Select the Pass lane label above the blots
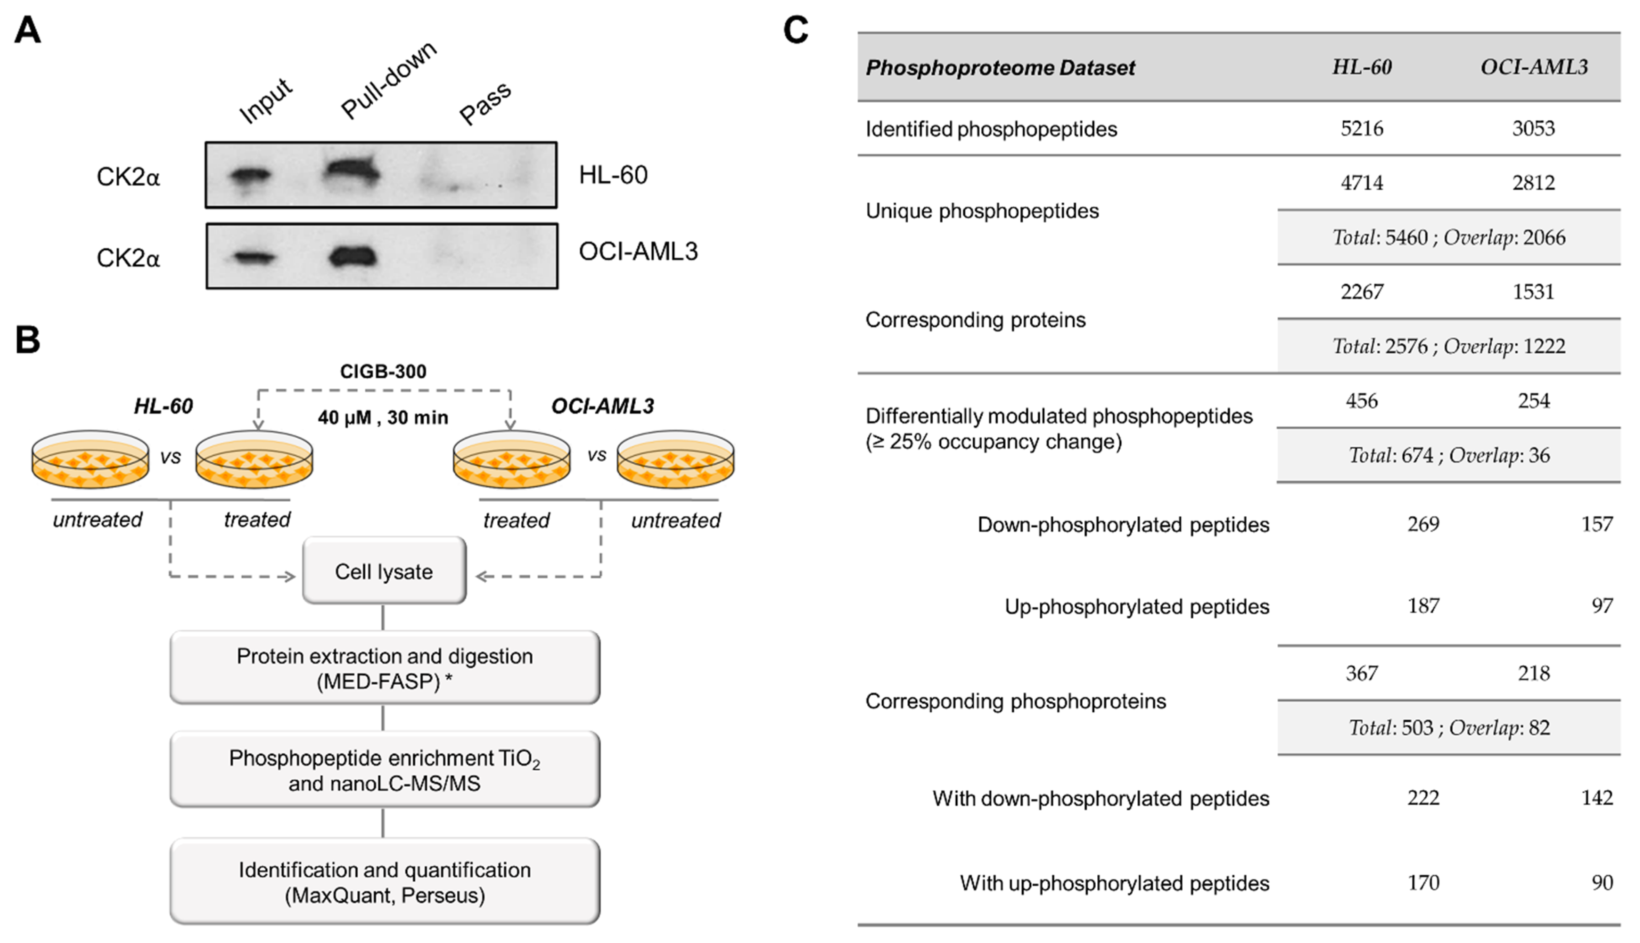485,104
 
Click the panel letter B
27,339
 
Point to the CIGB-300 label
383,371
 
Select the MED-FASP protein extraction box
384,668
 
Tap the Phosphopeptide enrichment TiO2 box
384,770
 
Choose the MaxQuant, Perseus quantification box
384,882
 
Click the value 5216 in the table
1362,128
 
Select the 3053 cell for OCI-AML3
1533,128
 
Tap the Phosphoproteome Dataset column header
1000,67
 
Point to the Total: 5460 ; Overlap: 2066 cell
1448,238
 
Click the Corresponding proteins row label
975,320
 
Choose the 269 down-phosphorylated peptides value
1423,524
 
